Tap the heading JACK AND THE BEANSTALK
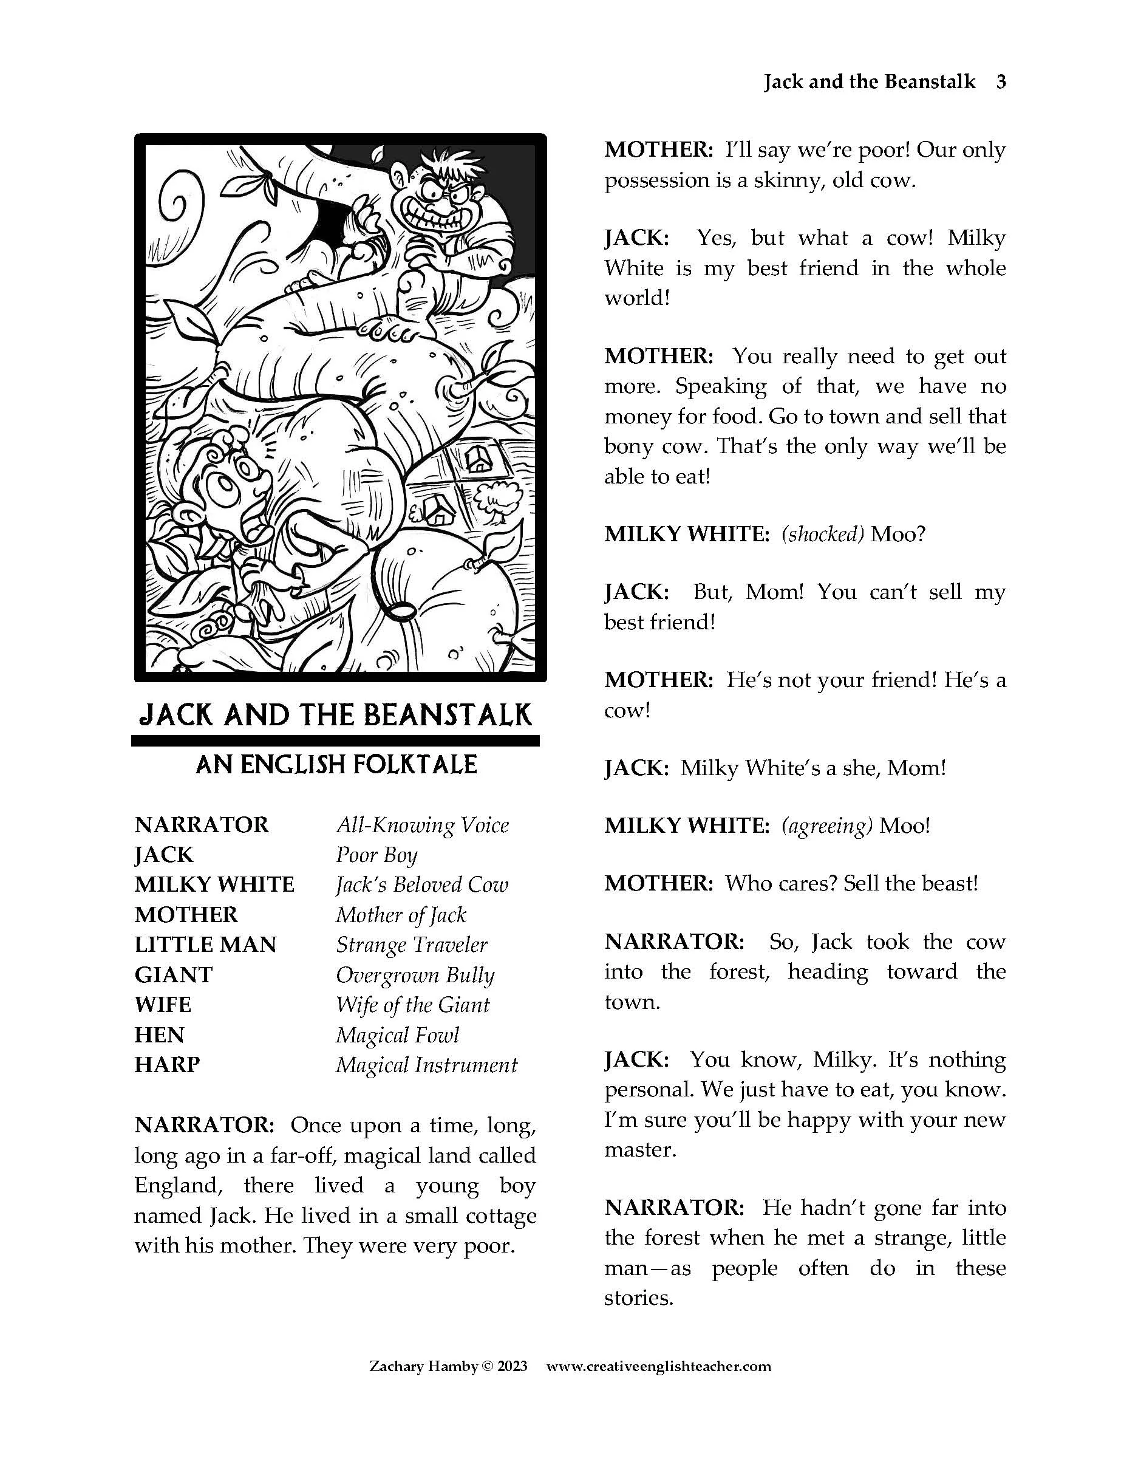coord(335,715)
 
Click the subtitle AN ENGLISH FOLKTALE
coord(336,765)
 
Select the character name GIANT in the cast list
coord(174,974)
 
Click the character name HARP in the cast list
coord(167,1065)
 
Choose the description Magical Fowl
coord(397,1035)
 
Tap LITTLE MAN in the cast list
coord(205,945)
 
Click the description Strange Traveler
coord(411,945)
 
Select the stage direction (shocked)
coord(822,534)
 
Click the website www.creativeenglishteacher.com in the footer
coord(659,1366)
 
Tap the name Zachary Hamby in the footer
coord(423,1366)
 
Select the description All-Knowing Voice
coord(423,825)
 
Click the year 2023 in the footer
coord(512,1366)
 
